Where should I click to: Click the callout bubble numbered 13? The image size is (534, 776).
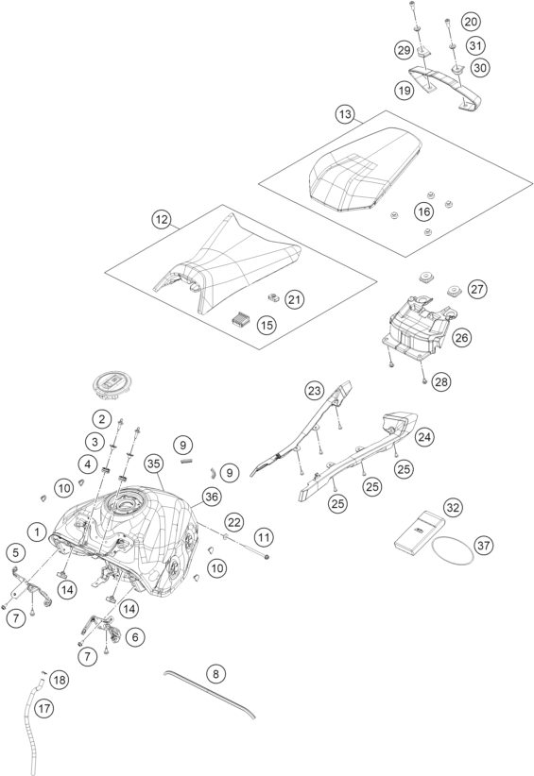pos(345,114)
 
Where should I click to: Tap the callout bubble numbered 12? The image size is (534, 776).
pos(162,219)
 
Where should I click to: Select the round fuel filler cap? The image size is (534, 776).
pos(112,386)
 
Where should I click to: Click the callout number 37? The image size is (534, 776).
pos(483,546)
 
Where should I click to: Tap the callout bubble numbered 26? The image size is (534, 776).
pos(461,338)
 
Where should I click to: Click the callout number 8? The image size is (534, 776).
pos(215,673)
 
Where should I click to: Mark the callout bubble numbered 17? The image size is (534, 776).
pos(44,709)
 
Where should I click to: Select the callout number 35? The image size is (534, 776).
pos(154,464)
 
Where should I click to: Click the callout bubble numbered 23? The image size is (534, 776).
pos(314,391)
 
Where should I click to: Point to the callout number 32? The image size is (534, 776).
pos(453,507)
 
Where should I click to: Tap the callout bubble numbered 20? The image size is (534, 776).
pos(470,22)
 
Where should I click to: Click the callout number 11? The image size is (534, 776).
pos(264,537)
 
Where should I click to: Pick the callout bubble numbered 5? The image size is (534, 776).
pos(16,552)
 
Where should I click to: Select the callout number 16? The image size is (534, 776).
pos(423,211)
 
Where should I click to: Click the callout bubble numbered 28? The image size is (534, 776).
pos(440,381)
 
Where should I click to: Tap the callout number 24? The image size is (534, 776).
pos(424,437)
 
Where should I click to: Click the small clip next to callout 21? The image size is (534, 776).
pos(273,297)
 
